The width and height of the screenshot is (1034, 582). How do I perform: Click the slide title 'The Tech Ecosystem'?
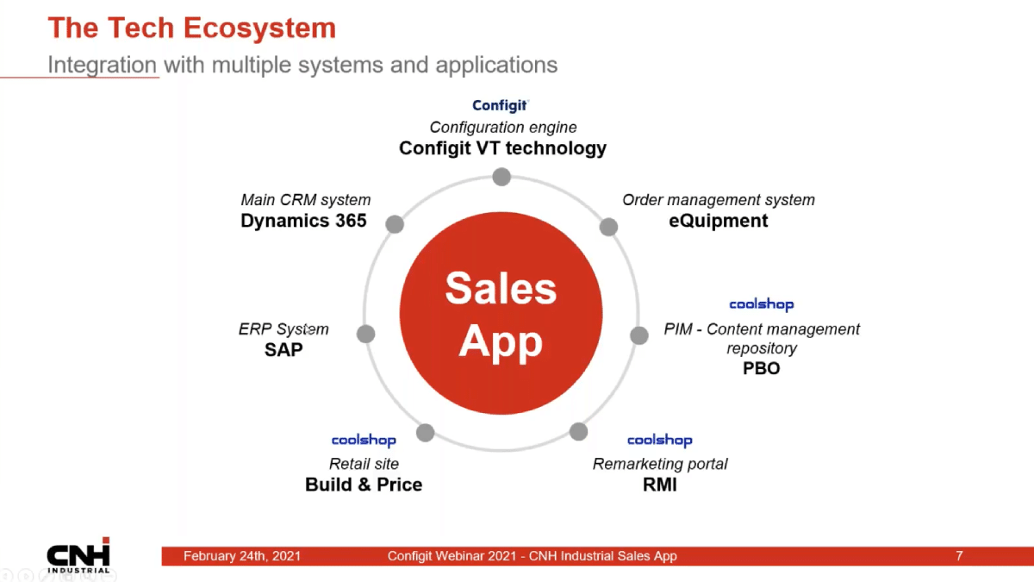pyautogui.click(x=192, y=28)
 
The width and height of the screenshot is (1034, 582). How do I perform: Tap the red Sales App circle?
pyautogui.click(x=501, y=313)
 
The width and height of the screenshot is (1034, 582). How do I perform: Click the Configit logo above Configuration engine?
pyautogui.click(x=500, y=105)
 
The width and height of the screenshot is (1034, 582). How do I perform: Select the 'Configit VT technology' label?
pyautogui.click(x=502, y=148)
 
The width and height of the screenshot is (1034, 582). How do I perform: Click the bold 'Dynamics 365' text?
pyautogui.click(x=303, y=221)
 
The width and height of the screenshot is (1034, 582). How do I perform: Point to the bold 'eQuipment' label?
pyautogui.click(x=719, y=221)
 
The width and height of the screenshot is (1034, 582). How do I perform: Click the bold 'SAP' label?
pyautogui.click(x=283, y=350)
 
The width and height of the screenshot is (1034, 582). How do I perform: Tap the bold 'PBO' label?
pyautogui.click(x=761, y=368)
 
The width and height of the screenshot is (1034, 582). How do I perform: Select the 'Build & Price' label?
pyautogui.click(x=364, y=485)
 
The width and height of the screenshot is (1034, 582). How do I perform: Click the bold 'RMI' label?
pyautogui.click(x=660, y=485)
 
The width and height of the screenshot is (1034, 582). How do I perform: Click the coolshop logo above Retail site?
pyautogui.click(x=364, y=441)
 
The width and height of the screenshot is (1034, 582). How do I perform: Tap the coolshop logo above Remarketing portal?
pyautogui.click(x=660, y=441)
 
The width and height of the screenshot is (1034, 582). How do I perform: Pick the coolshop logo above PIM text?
pyautogui.click(x=762, y=304)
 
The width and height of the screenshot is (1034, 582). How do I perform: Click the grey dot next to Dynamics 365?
pyautogui.click(x=395, y=224)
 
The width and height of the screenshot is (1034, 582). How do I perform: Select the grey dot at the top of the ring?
pyautogui.click(x=501, y=177)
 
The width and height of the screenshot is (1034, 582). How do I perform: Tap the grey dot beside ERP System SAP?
pyautogui.click(x=365, y=334)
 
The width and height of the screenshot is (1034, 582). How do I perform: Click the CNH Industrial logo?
pyautogui.click(x=78, y=555)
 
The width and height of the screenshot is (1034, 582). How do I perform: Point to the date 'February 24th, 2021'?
pyautogui.click(x=242, y=555)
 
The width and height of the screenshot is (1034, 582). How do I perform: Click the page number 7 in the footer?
pyautogui.click(x=959, y=555)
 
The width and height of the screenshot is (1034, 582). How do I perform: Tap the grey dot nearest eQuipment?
pyautogui.click(x=608, y=227)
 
